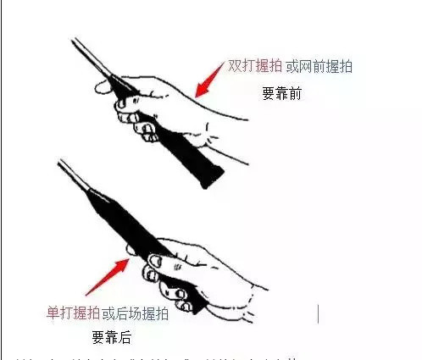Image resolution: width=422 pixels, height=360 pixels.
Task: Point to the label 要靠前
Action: [x=281, y=94]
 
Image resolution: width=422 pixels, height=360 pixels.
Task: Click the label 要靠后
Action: [x=111, y=336]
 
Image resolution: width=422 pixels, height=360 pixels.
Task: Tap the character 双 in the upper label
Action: [x=235, y=65]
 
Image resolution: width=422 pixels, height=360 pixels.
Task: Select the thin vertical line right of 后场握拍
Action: [x=319, y=313]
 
